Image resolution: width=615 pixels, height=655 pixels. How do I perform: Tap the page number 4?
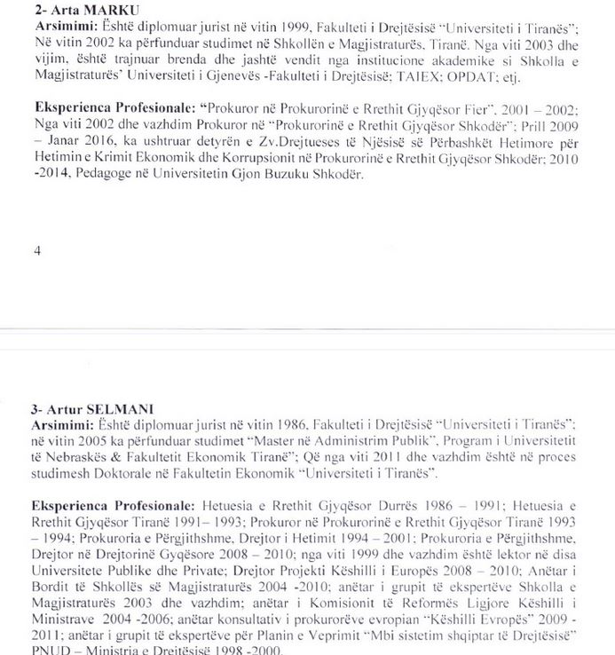click(36, 250)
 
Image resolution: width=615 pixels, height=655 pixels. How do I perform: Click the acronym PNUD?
click(48, 651)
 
